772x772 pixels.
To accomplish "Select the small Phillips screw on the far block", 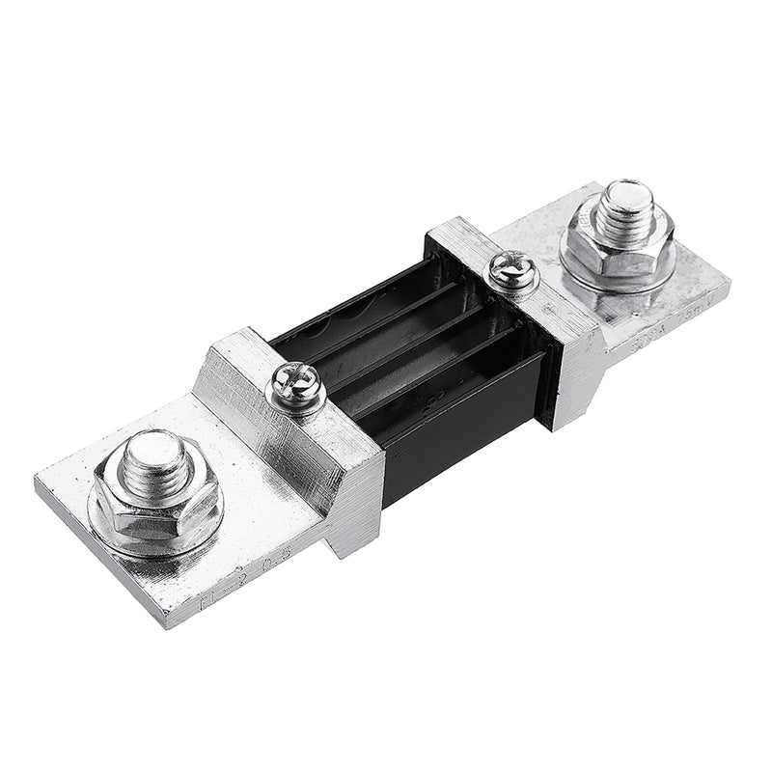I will pyautogui.click(x=512, y=269).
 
